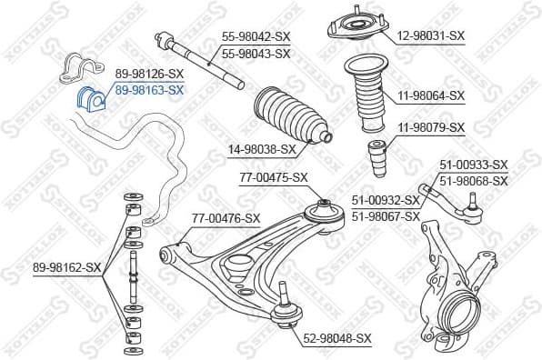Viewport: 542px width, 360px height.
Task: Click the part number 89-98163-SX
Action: pyautogui.click(x=149, y=91)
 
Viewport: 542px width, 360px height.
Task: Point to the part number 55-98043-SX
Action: pyautogui.click(x=256, y=54)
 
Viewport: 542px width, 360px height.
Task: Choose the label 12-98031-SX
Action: pyautogui.click(x=430, y=36)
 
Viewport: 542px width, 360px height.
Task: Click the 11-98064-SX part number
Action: pyautogui.click(x=430, y=95)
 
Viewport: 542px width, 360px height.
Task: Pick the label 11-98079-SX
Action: pyautogui.click(x=430, y=127)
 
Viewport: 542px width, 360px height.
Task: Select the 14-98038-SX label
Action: pyautogui.click(x=262, y=149)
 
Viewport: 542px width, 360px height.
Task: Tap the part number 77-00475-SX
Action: pyautogui.click(x=274, y=178)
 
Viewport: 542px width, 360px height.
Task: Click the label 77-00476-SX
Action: pyautogui.click(x=226, y=218)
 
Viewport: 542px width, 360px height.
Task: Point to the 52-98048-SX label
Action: pyautogui.click(x=338, y=338)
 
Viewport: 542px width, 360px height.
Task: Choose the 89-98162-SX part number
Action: pyautogui.click(x=67, y=267)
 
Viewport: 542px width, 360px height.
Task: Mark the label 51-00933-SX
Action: pyautogui.click(x=474, y=165)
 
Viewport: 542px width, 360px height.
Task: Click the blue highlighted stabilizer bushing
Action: pyautogui.click(x=92, y=97)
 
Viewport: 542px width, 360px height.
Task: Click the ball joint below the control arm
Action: pyautogui.click(x=288, y=302)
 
